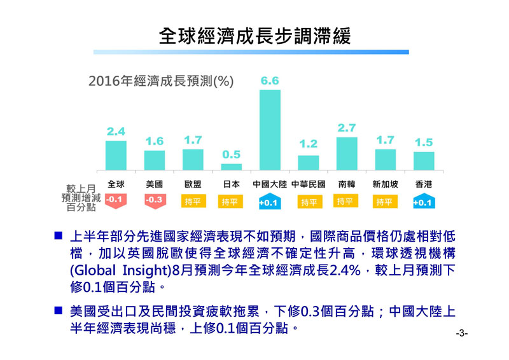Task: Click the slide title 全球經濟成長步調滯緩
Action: pos(254,35)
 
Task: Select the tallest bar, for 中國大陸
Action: pos(270,130)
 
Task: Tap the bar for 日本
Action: pos(231,167)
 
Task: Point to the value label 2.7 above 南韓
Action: pos(347,128)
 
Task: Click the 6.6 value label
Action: pos(270,81)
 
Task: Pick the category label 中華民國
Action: pos(309,184)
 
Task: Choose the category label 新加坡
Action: pos(386,184)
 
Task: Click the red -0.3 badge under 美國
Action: pos(154,201)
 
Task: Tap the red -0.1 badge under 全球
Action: pos(115,201)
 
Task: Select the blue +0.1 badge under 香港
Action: pos(423,202)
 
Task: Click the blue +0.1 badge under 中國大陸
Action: pos(269,202)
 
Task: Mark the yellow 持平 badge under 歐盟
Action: pos(192,202)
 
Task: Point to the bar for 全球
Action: pos(116,156)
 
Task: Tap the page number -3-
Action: pos(462,333)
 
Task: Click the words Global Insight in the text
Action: pos(120,270)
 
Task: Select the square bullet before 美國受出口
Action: pos(57,312)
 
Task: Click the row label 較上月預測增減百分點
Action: pos(80,198)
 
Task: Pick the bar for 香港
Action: pos(424,161)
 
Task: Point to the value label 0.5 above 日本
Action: pos(231,155)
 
